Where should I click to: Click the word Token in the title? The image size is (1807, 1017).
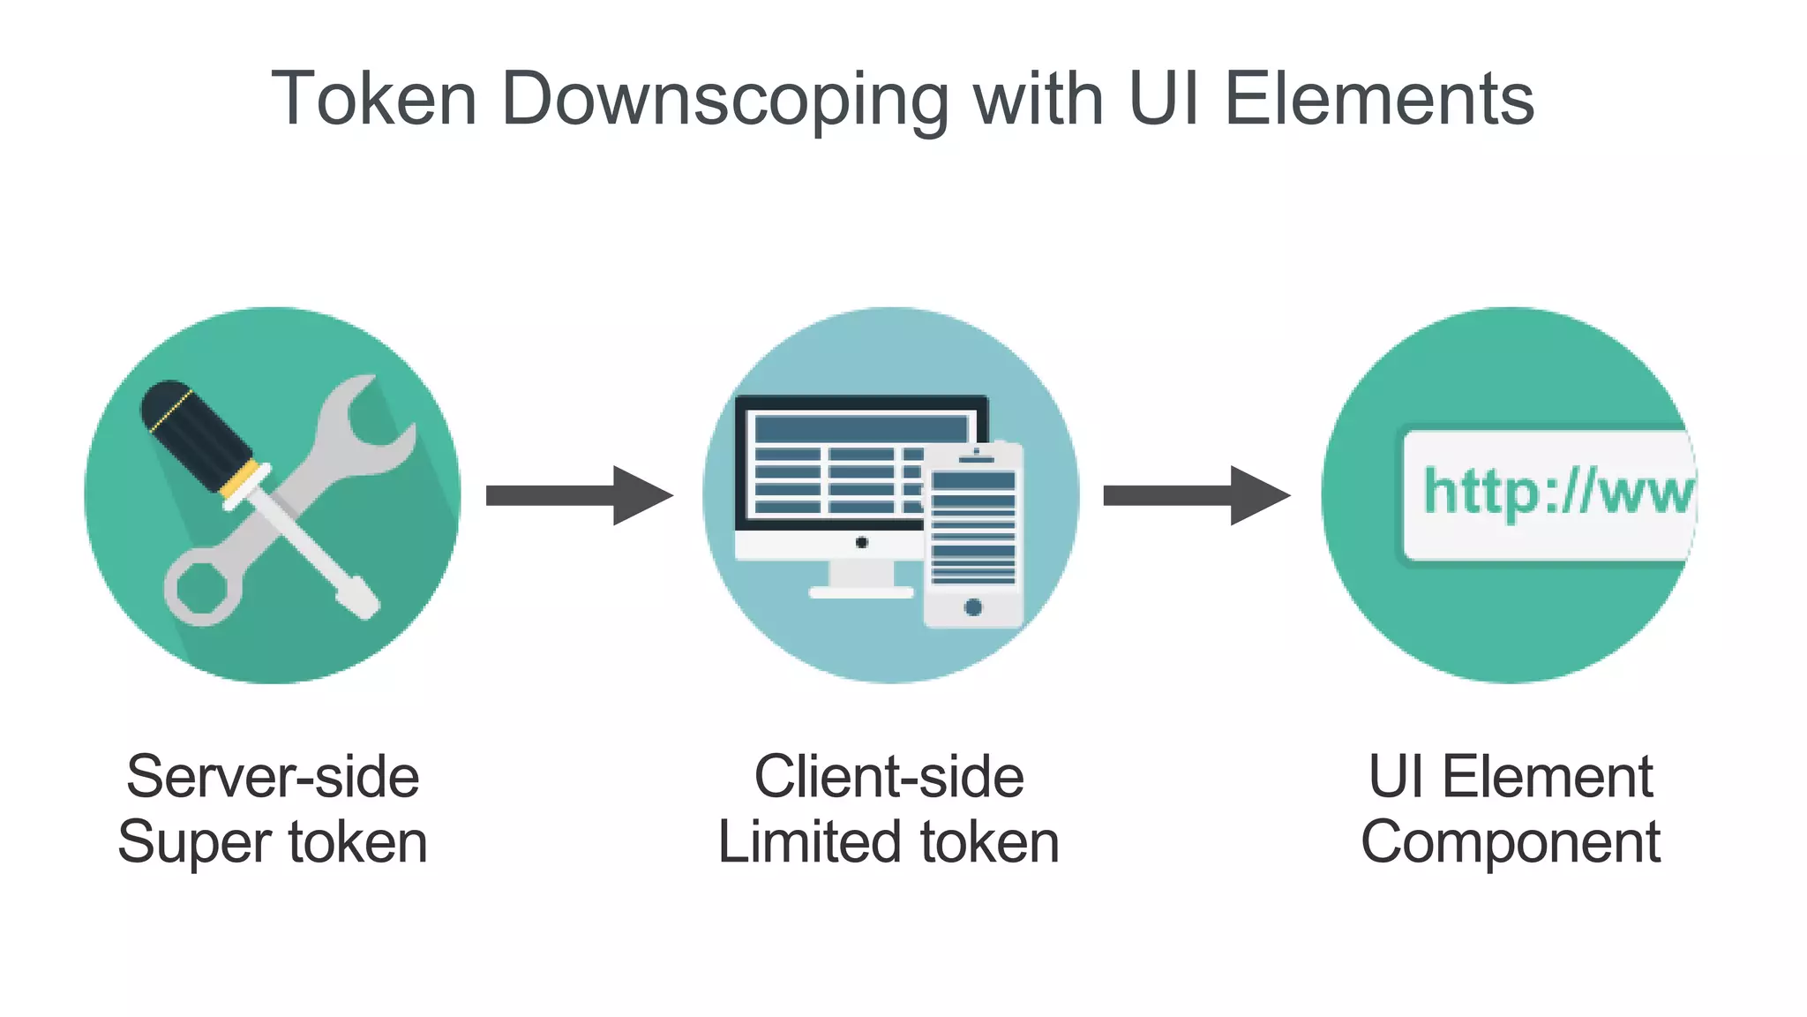click(x=374, y=99)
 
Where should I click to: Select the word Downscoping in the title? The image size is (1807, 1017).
click(x=725, y=99)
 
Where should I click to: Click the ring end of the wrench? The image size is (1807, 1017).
click(x=202, y=587)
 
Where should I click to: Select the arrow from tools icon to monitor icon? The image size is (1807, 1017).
click(x=578, y=495)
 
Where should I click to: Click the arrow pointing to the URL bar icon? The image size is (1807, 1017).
click(x=1196, y=495)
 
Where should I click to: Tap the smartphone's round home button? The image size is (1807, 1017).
click(x=973, y=606)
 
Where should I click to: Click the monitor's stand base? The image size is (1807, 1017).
click(x=861, y=591)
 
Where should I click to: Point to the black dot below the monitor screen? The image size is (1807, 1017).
click(x=862, y=542)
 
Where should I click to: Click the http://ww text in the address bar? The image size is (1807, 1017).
click(x=1558, y=492)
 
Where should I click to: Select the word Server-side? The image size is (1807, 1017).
click(x=273, y=777)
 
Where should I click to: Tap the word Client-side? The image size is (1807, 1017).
click(x=889, y=777)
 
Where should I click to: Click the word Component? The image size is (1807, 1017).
click(x=1510, y=842)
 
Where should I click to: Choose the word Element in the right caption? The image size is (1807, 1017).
click(x=1547, y=777)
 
